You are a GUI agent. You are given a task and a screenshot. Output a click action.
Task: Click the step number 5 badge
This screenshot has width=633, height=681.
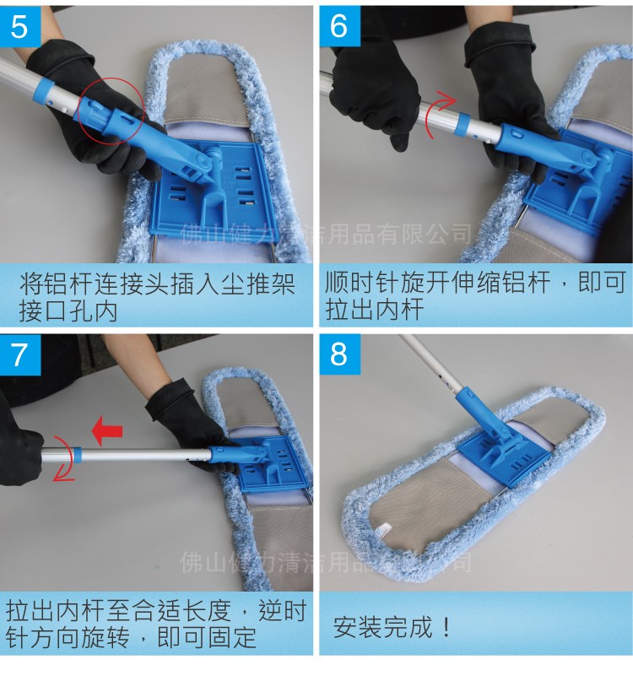tap(19, 25)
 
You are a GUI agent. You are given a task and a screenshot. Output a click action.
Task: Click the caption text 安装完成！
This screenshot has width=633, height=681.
tap(393, 627)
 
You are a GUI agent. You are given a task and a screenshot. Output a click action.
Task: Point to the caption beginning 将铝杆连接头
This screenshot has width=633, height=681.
tap(157, 297)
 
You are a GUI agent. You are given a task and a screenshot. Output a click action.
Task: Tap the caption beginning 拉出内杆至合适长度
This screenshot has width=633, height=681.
tap(157, 623)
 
